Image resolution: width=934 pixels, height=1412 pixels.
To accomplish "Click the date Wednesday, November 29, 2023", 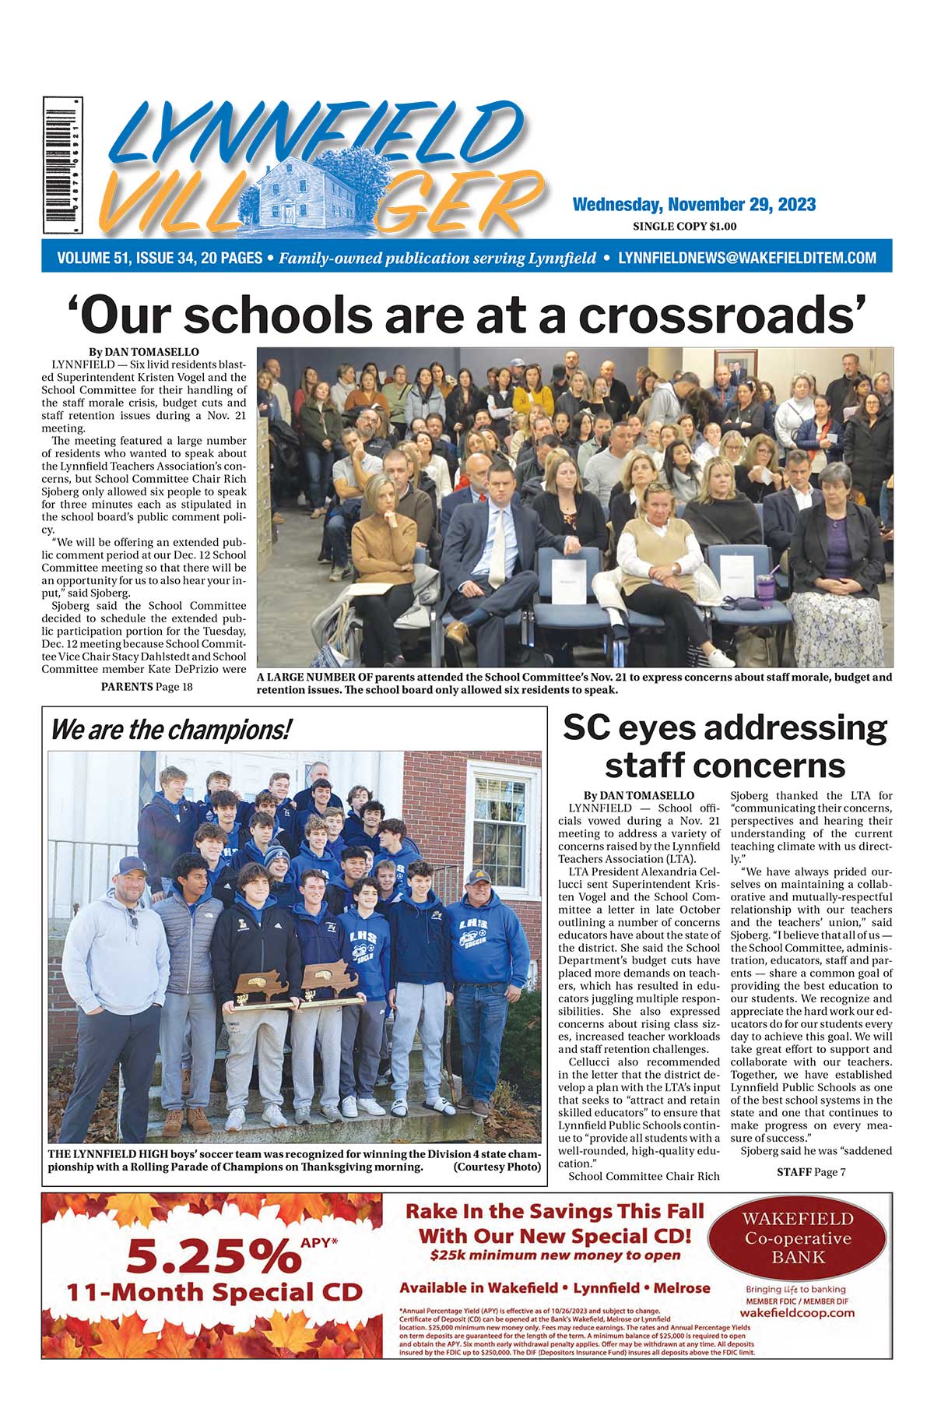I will coord(693,205).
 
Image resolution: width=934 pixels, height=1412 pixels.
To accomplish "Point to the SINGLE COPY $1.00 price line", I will coord(684,227).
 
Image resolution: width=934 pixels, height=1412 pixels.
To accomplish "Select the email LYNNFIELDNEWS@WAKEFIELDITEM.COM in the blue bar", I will coord(746,258).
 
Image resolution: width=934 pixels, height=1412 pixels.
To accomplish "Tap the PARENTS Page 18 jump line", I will coord(146,686).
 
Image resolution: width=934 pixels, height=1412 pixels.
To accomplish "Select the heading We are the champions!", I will coord(170,730).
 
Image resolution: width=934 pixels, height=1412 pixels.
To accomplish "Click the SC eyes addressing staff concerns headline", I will coord(725,746).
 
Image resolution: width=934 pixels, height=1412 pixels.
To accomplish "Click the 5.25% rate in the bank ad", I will coord(210,1255).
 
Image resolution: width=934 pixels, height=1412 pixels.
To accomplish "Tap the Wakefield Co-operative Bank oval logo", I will coord(801,1238).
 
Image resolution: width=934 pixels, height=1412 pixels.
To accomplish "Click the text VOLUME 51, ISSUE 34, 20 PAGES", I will coord(160,258).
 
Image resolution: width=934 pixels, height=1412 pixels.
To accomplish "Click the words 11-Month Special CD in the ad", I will coord(214,1293).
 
